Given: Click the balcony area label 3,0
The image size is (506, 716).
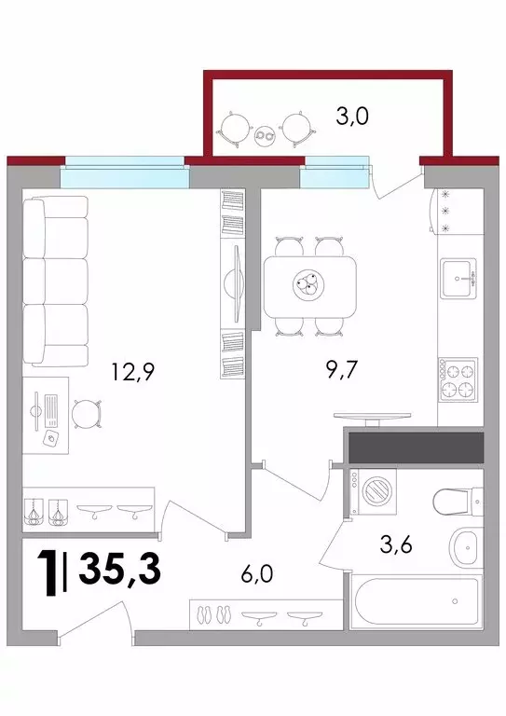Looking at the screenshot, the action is [352, 117].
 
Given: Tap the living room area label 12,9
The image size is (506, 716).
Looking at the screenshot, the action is [133, 372].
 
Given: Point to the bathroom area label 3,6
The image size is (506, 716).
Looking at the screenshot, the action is [396, 544].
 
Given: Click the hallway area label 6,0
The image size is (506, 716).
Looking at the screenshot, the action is [257, 573].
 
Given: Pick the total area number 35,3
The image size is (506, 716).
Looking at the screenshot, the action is [120, 568].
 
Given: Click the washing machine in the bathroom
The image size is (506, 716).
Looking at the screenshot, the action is [374, 491].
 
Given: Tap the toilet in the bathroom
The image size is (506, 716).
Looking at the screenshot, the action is [458, 500].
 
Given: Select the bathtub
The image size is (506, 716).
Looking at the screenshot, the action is [417, 601].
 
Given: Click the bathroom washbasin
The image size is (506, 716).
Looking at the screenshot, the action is [466, 547].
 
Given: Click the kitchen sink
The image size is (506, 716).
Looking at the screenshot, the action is [458, 279].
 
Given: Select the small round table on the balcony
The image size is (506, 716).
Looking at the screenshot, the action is [265, 134].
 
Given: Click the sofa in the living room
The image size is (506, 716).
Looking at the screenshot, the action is [55, 282].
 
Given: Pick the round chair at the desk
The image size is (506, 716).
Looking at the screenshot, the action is [86, 414].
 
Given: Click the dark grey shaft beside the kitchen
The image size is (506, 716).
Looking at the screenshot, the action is [416, 447].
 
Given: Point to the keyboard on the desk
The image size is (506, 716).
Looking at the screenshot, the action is [51, 410].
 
